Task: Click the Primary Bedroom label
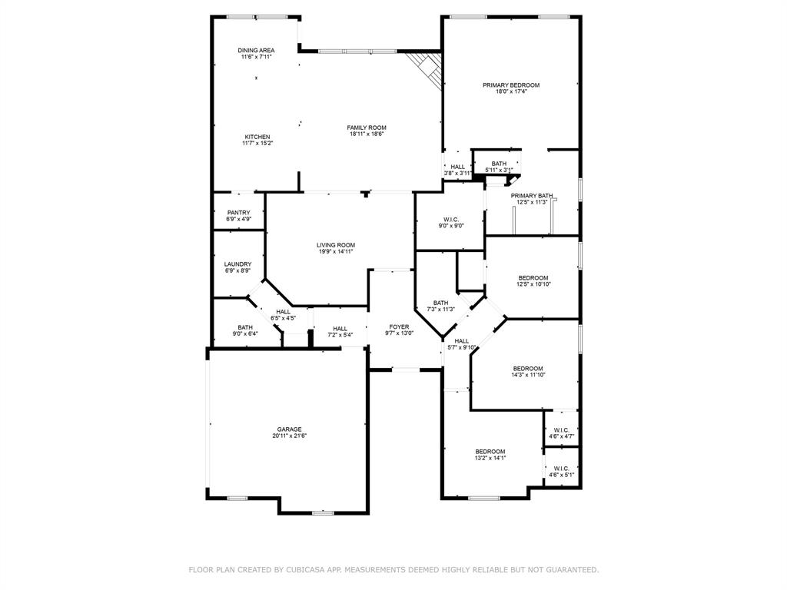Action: pos(510,85)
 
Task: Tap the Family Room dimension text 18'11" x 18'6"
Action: pos(366,134)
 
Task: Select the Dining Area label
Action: pos(256,51)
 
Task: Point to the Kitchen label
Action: pos(257,137)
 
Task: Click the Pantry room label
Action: pos(238,213)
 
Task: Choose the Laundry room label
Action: pos(238,264)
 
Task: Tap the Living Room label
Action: pos(336,245)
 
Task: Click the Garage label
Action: pos(289,429)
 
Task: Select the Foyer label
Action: pos(399,326)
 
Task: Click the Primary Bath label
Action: pos(531,196)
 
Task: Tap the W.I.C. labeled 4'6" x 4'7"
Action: pos(561,430)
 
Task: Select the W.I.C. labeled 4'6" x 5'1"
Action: pos(561,469)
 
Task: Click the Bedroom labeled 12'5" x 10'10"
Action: pos(533,278)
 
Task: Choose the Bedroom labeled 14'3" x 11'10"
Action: pos(528,369)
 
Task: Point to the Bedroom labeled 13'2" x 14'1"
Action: pos(490,452)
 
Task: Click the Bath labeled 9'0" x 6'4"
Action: pos(244,327)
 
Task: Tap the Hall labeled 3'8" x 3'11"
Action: pos(458,167)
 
